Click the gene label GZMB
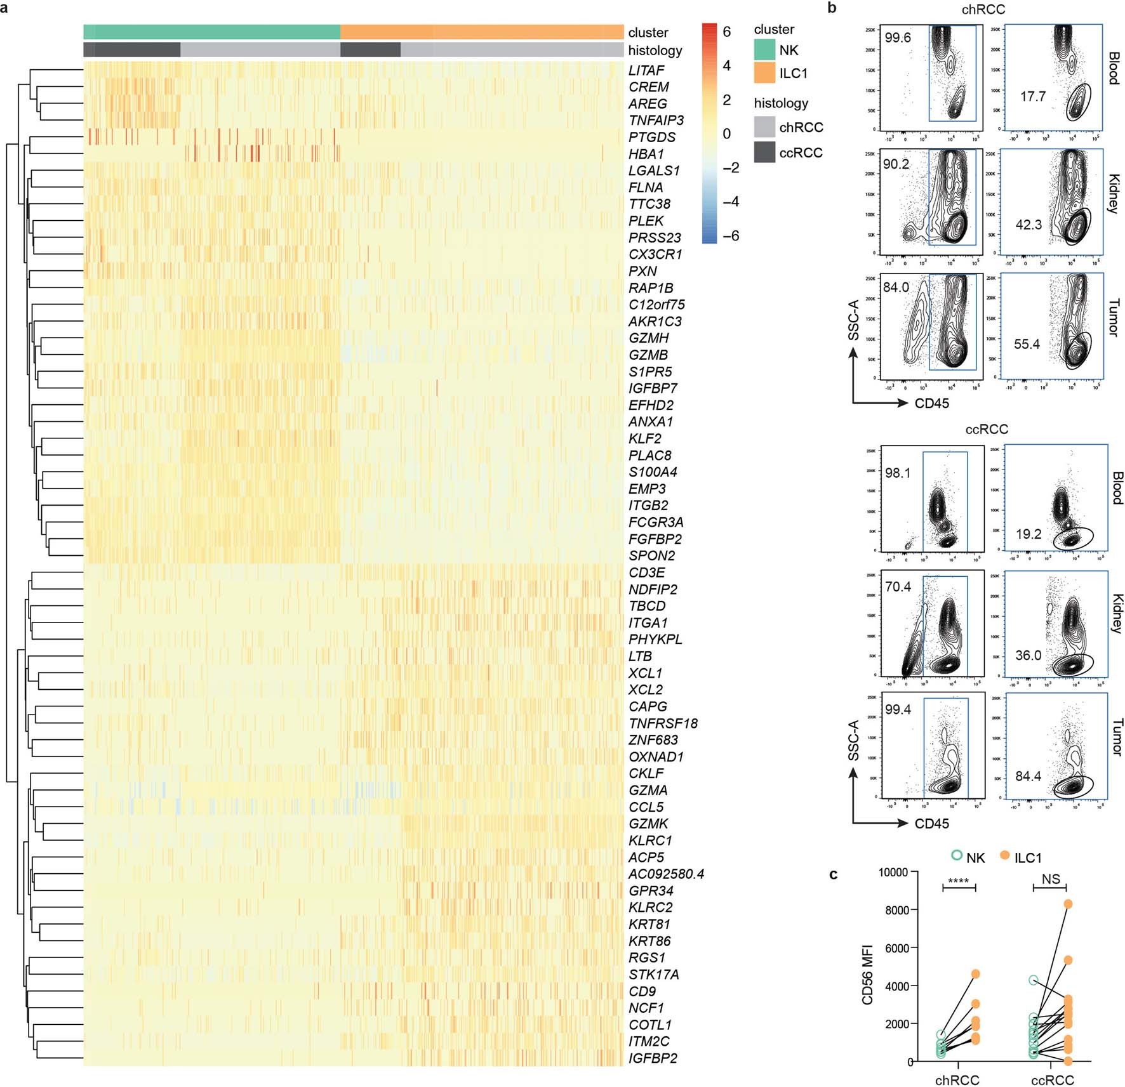click(x=648, y=355)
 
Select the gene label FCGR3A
click(x=655, y=522)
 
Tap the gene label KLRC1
click(x=649, y=840)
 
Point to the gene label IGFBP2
click(x=652, y=1058)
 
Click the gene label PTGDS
click(x=651, y=137)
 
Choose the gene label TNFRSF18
click(x=662, y=723)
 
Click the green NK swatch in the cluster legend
click(x=764, y=50)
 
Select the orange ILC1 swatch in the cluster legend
click(x=764, y=73)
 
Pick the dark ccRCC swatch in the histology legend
click(x=764, y=152)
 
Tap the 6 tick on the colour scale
click(x=726, y=32)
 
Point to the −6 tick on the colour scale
click(x=730, y=235)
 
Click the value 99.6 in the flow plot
click(x=897, y=38)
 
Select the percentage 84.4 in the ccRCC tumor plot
click(x=1028, y=776)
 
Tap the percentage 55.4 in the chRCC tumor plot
click(x=1026, y=345)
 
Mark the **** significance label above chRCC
click(x=958, y=881)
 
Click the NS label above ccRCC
click(x=1051, y=879)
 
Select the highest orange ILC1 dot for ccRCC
click(x=1068, y=904)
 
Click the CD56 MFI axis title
click(x=868, y=974)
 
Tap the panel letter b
click(x=832, y=8)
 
